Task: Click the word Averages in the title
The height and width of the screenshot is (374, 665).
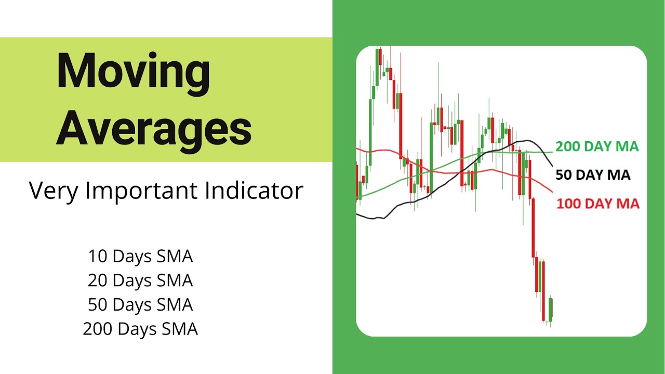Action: pos(154,128)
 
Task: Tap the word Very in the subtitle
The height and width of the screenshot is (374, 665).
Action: pos(54,191)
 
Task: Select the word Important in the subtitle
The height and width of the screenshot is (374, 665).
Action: pos(141,191)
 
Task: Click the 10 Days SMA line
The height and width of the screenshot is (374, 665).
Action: pos(140,256)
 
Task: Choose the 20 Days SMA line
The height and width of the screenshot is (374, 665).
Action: pos(140,280)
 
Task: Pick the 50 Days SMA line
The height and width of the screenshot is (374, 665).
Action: pos(140,305)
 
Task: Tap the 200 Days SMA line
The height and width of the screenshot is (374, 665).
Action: pos(140,329)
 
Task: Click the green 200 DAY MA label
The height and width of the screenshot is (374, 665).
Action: pos(597,146)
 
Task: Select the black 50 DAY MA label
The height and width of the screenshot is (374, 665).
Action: pos(593,175)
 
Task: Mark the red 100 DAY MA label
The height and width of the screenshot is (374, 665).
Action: pos(598,204)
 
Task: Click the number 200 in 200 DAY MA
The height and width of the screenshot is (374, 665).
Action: pos(567,146)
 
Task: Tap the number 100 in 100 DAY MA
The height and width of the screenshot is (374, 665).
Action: pos(568,204)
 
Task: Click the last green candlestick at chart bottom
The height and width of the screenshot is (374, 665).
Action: pos(550,310)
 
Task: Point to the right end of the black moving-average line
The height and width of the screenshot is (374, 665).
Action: pos(552,166)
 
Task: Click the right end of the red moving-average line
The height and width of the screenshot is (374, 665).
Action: pos(552,192)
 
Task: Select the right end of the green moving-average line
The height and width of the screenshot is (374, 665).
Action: pos(552,152)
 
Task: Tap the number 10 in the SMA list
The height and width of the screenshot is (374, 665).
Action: pos(98,256)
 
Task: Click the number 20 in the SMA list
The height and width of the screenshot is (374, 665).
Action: pos(98,280)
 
